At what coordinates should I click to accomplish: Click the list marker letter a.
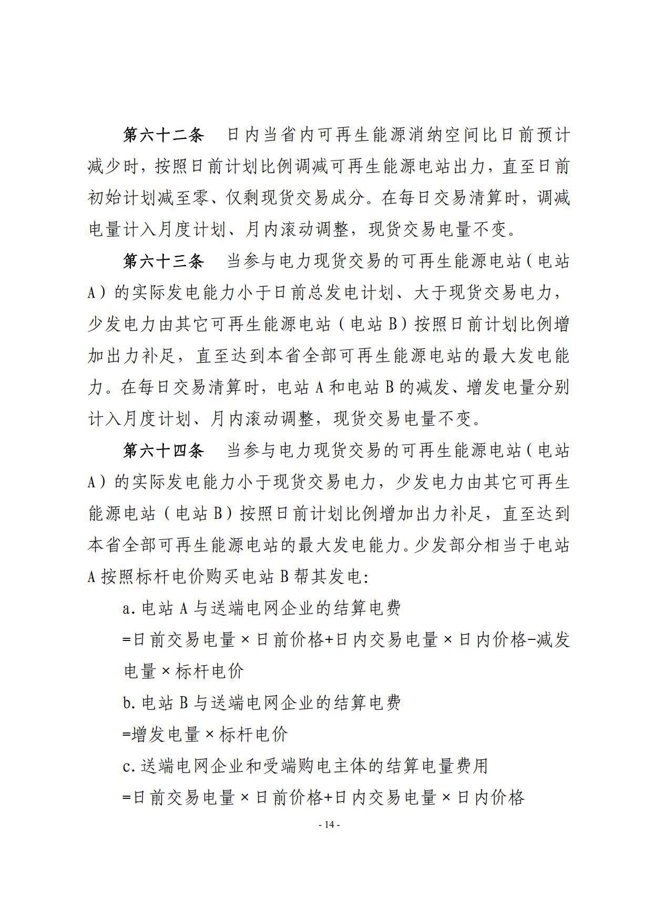[x=126, y=609]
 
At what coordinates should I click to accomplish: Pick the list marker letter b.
[x=126, y=703]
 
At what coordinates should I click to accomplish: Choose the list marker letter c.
[x=126, y=766]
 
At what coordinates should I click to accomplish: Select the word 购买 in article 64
[x=225, y=577]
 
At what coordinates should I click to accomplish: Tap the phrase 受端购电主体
[x=302, y=766]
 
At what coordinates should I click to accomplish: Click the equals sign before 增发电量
[x=126, y=735]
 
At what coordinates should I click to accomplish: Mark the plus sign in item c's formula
[x=328, y=798]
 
